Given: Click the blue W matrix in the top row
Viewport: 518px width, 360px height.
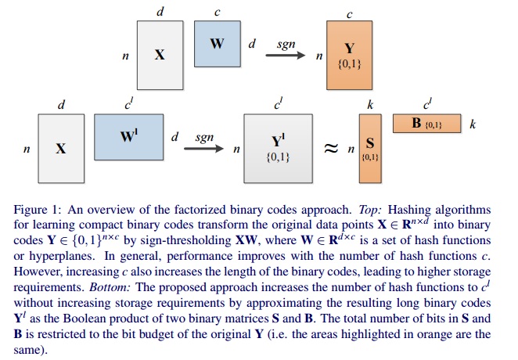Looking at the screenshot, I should tap(218, 43).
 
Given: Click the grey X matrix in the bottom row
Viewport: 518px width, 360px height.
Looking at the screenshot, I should tap(59, 147).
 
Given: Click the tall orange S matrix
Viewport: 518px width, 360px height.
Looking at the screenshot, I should tap(370, 147).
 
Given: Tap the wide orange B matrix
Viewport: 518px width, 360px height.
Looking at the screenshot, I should tap(427, 124).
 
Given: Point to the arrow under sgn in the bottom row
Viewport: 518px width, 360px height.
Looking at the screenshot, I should tap(205, 146).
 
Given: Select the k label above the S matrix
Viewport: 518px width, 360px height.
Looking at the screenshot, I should tap(370, 103).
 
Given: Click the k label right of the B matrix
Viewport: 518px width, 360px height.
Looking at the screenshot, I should tap(473, 124).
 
